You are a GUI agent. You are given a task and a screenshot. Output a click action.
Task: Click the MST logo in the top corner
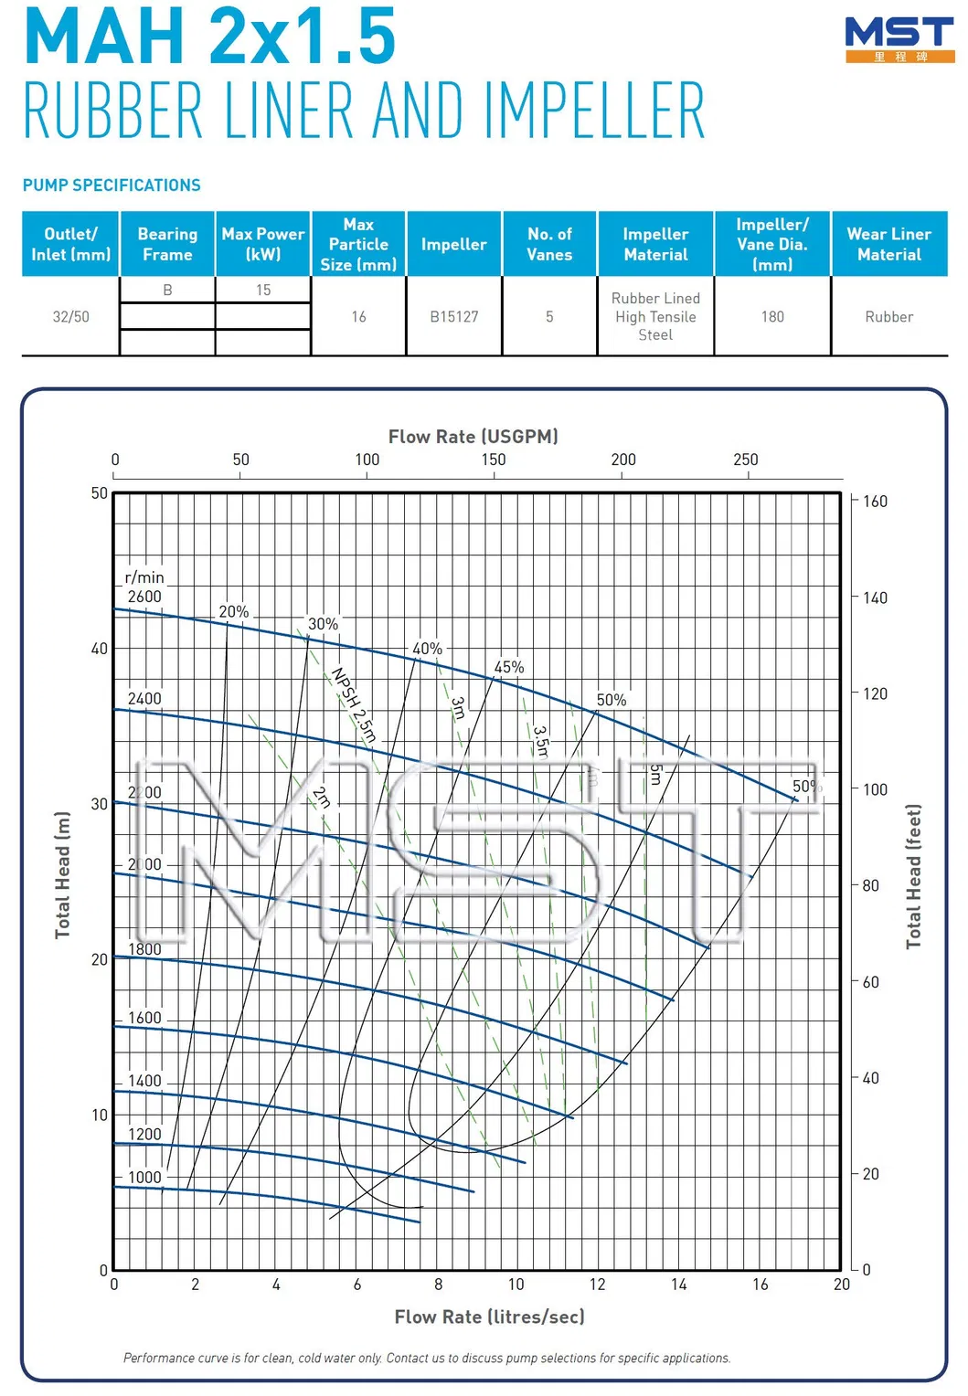[x=899, y=38]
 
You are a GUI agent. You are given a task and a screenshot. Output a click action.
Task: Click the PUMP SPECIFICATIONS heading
[x=112, y=185]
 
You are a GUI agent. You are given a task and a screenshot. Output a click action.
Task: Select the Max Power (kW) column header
[x=263, y=244]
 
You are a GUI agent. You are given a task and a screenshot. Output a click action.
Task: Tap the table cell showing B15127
[x=454, y=317]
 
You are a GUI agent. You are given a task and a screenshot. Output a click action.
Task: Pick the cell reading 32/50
[x=71, y=317]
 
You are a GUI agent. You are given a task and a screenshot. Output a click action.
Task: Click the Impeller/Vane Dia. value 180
[x=772, y=317]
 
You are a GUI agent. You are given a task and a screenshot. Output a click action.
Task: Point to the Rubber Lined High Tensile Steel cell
[x=655, y=317]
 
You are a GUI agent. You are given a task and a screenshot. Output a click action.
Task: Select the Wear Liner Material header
[x=888, y=244]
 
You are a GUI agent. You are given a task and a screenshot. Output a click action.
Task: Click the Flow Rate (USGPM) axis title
[x=473, y=437]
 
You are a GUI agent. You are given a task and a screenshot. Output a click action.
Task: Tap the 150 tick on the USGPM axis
[x=494, y=460]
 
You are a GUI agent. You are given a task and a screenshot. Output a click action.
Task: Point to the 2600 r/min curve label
[x=144, y=597]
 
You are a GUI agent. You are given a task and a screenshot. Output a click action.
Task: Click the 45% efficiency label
[x=509, y=668]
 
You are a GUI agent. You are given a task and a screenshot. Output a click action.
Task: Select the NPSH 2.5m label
[x=354, y=704]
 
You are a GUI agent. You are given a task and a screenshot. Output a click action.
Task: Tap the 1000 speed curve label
[x=144, y=1178]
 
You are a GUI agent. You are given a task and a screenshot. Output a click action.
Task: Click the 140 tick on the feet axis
[x=875, y=598]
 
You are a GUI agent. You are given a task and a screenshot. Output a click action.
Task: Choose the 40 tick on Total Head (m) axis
[x=99, y=649]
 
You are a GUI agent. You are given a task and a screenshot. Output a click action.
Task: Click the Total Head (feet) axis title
[x=913, y=876]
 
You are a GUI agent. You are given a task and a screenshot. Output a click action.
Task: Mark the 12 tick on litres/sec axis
[x=597, y=1285]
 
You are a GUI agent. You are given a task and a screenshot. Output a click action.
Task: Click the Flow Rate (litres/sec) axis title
[x=489, y=1317]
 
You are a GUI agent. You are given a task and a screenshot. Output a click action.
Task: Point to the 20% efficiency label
[x=234, y=612]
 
